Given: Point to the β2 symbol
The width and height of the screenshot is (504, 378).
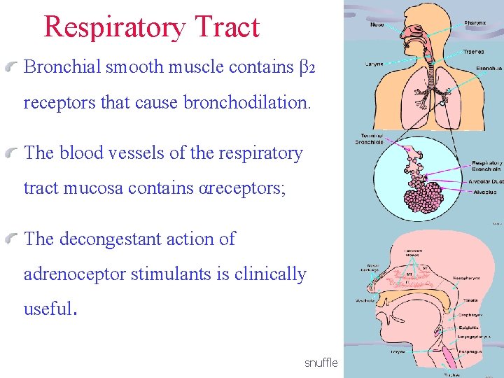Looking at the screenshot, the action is click(x=308, y=68).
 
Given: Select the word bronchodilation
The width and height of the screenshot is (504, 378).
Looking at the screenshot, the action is click(x=246, y=102).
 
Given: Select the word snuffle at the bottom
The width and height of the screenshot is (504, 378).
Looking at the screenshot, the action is click(x=321, y=363).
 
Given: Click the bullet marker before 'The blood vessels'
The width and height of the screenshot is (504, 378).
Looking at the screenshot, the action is click(x=15, y=153).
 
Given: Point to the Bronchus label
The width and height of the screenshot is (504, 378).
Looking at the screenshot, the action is click(x=489, y=69).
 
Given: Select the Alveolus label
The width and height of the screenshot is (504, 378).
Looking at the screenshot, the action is click(x=484, y=192).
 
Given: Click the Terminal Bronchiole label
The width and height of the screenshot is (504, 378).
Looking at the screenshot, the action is click(x=371, y=139).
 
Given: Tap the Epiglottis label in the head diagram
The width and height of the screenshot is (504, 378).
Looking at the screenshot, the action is click(x=469, y=327).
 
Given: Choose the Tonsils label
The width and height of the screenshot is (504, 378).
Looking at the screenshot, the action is click(x=470, y=300).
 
